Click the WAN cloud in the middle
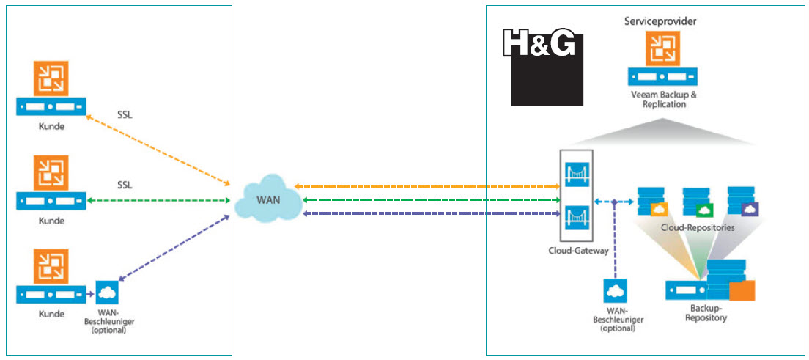point(267,198)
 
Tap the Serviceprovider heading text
point(660,21)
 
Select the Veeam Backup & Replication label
point(663,99)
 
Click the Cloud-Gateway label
point(577,250)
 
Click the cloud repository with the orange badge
point(653,202)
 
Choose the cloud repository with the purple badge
point(742,202)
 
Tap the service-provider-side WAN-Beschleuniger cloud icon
point(614,293)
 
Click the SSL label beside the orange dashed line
point(125,114)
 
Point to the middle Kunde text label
point(51,220)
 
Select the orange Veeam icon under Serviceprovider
point(662,48)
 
